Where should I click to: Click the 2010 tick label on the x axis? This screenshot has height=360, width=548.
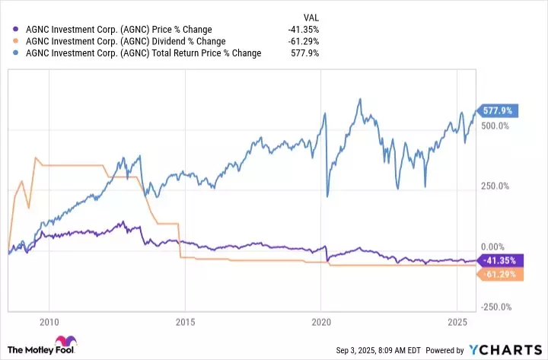pos(49,322)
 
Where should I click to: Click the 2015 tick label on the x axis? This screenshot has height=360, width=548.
pos(185,322)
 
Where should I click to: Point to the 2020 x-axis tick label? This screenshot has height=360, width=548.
pos(320,322)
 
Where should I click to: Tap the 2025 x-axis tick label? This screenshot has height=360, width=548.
pos(456,322)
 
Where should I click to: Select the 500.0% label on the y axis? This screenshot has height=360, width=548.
pos(495,125)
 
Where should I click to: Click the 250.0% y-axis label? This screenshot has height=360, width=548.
pos(495,186)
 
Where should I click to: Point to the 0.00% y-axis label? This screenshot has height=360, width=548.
pos(494,247)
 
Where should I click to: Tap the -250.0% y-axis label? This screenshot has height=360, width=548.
pos(494,307)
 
